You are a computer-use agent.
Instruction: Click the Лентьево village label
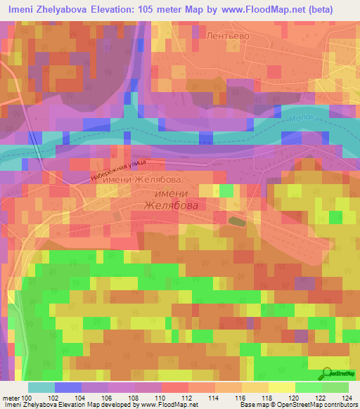point(224,33)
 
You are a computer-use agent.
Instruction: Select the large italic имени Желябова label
point(166,200)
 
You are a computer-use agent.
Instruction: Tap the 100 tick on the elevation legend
point(27,398)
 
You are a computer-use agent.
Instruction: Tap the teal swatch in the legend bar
point(41,387)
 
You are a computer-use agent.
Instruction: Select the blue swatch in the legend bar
point(67,387)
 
